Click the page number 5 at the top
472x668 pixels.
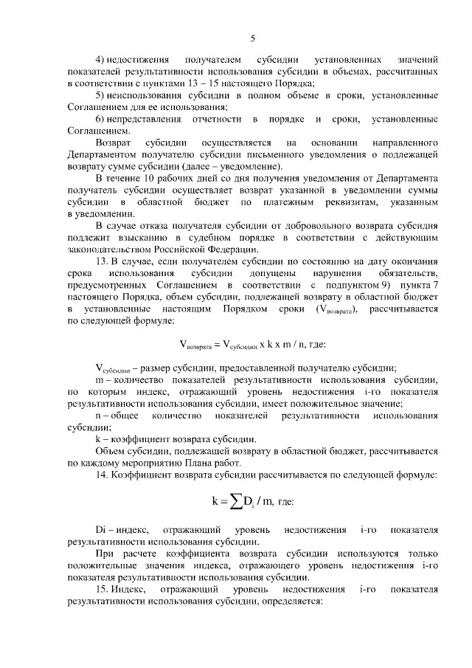[x=252, y=38]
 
